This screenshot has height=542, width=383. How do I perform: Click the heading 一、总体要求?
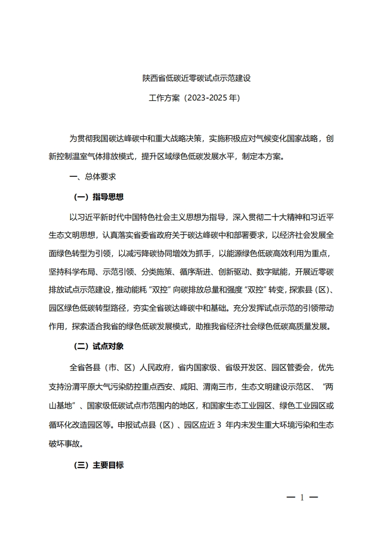click(93, 177)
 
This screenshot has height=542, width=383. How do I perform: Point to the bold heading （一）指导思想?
click(99, 197)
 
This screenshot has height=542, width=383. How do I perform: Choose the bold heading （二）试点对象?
click(99, 346)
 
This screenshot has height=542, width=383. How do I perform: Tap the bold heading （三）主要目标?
click(99, 466)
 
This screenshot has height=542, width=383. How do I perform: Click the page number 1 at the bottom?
click(302, 498)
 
